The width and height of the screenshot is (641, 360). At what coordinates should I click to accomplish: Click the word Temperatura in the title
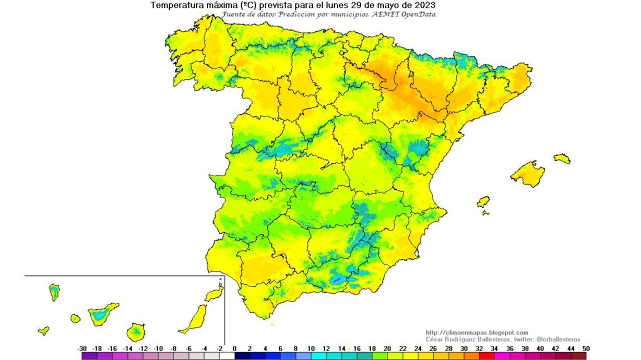click(175, 5)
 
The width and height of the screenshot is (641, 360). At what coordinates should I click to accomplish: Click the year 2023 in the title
click(425, 5)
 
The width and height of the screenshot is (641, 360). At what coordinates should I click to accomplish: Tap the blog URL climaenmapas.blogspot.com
click(477, 332)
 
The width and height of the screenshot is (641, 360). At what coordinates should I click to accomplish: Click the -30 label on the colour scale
click(82, 349)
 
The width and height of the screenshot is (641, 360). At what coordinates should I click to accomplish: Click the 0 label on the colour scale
click(235, 349)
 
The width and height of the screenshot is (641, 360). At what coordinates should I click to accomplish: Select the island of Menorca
click(562, 158)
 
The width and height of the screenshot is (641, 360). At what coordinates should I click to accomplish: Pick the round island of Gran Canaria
click(136, 331)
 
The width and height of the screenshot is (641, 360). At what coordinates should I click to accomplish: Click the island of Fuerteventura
click(194, 318)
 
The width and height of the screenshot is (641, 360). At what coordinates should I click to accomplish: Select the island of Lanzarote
click(215, 294)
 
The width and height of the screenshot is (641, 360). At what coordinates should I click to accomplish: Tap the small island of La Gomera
click(75, 318)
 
